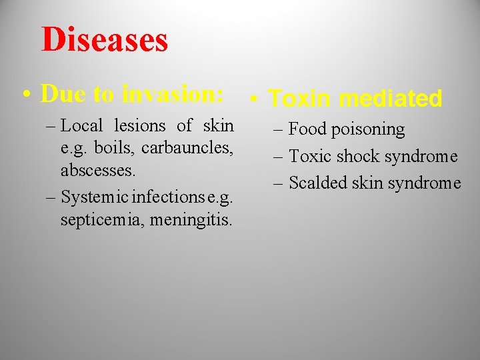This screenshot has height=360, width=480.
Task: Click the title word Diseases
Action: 105,39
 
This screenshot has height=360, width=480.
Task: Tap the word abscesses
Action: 98,170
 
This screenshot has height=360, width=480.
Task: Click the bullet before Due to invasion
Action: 27,95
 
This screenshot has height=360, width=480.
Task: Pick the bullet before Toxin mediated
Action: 255,100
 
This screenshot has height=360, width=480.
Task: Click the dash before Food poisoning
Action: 277,129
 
